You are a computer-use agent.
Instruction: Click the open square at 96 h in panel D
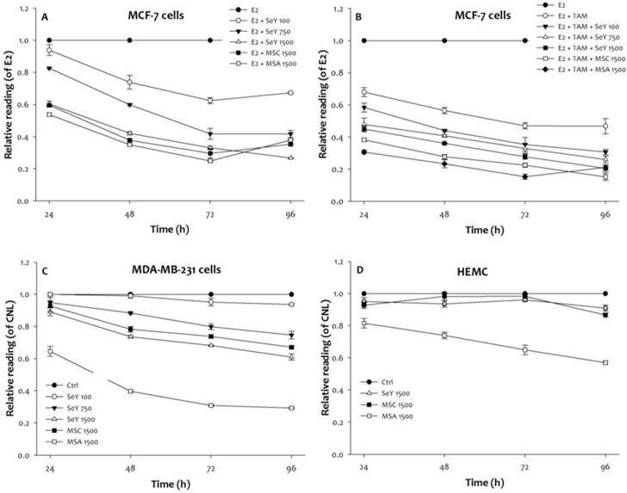point(605,362)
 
